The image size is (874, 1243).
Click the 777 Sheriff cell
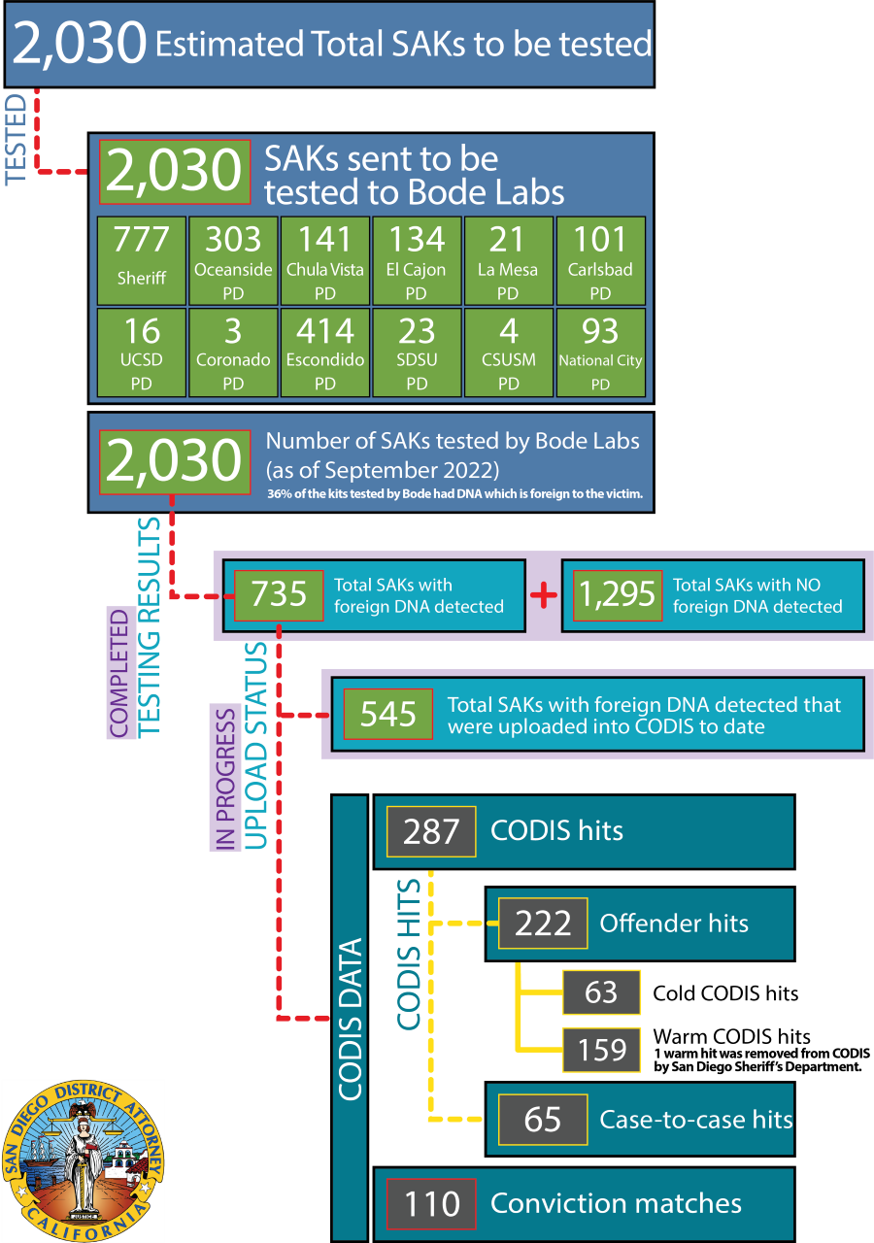[x=142, y=260]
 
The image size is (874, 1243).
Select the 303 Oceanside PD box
[x=233, y=260]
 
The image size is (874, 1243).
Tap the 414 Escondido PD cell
[x=325, y=353]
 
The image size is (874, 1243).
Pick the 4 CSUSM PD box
[x=509, y=353]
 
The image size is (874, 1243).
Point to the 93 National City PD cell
[x=601, y=353]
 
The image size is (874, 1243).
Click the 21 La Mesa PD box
[x=509, y=260]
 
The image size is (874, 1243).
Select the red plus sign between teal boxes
[x=544, y=595]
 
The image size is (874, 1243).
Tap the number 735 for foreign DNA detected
[x=279, y=595]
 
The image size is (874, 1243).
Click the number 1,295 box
[x=618, y=595]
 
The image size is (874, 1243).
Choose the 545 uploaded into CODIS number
[x=387, y=714]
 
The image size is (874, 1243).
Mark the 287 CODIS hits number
[x=431, y=831]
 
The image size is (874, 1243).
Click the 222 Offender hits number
[x=543, y=924]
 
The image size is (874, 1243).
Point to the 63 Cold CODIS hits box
[x=601, y=992]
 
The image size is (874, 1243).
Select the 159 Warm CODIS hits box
[x=601, y=1050]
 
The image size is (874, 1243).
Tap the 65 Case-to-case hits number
[x=543, y=1120]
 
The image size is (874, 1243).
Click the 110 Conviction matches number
[x=431, y=1204]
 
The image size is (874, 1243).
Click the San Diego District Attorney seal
[x=84, y=1160]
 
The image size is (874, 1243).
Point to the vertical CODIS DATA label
[x=351, y=1020]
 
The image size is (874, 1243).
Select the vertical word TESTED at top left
[x=16, y=139]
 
